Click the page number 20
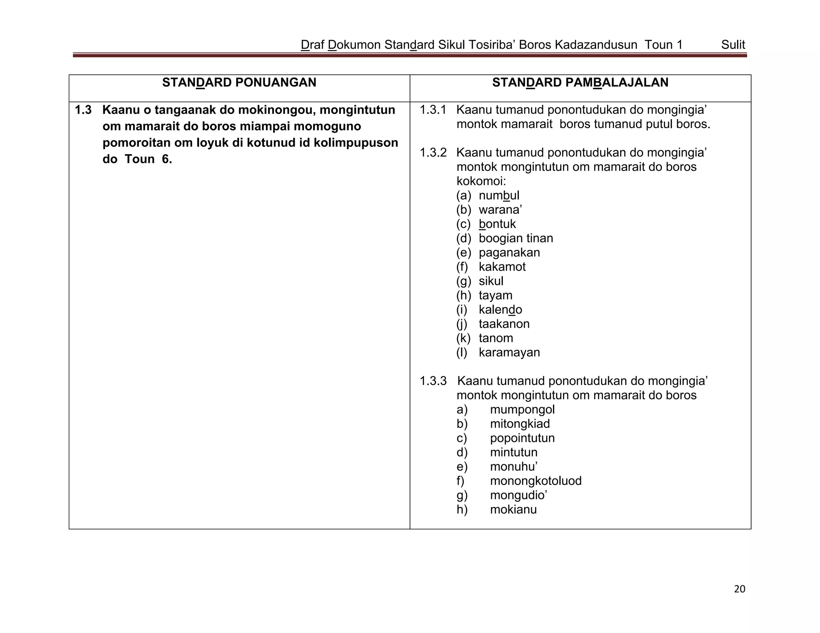[739, 589]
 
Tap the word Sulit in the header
[733, 45]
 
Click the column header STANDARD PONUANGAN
[239, 82]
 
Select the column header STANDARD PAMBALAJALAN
[580, 82]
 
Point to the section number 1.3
[83, 110]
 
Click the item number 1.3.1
[433, 110]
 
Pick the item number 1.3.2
[433, 153]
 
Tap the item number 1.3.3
[433, 381]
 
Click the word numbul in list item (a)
[499, 196]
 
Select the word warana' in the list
[500, 210]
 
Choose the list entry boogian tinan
[516, 238]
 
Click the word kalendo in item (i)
[500, 310]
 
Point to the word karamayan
[509, 353]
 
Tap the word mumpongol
[522, 410]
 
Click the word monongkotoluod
[535, 481]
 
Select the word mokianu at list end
[513, 510]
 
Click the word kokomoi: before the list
[481, 181]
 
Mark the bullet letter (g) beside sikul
[463, 281]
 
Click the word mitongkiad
[520, 424]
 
